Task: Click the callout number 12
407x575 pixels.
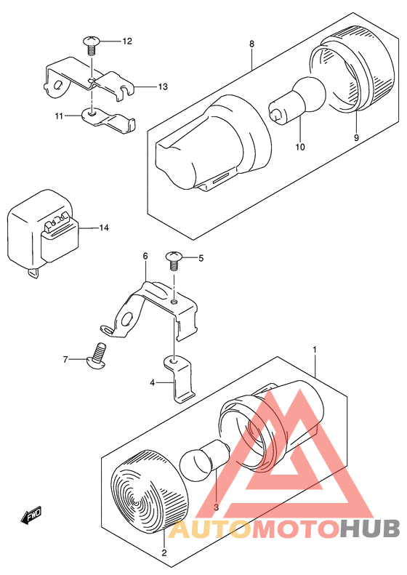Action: [127, 41]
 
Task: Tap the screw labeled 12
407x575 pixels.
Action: [92, 44]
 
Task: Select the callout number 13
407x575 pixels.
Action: [163, 87]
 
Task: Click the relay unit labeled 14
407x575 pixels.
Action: [44, 231]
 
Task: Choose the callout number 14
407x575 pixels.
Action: [104, 228]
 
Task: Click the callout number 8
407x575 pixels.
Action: [251, 44]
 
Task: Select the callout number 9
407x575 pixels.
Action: [356, 138]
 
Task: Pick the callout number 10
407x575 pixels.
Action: [300, 147]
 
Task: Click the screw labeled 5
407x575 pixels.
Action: [174, 261]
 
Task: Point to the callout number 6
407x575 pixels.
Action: [145, 256]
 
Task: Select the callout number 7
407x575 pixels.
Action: [65, 360]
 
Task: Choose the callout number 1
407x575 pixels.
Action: [314, 350]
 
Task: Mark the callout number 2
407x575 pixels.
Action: [164, 552]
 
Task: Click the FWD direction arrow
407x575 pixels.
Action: [31, 515]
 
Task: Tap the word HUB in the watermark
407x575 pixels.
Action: [370, 528]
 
